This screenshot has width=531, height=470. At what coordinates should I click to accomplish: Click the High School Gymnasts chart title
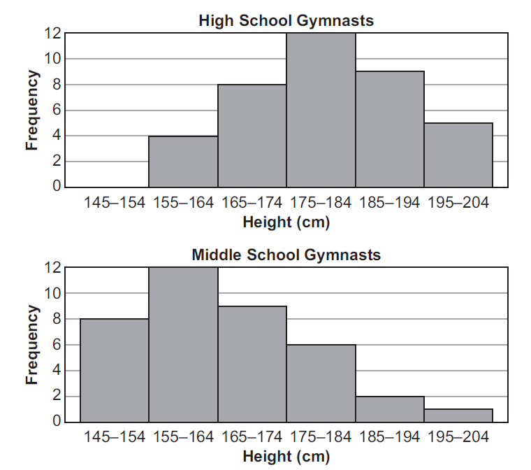(x=286, y=20)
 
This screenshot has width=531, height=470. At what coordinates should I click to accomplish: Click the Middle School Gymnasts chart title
(x=286, y=255)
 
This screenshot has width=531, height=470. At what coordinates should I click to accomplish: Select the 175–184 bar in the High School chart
(x=321, y=111)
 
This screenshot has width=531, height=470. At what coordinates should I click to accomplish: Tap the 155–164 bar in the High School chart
(x=183, y=162)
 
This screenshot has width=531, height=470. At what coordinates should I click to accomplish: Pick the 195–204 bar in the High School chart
(x=458, y=155)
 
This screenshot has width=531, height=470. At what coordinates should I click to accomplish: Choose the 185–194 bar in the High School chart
(x=390, y=129)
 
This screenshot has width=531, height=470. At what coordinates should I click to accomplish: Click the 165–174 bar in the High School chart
(x=252, y=136)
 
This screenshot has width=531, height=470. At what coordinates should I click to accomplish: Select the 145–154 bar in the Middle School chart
(x=115, y=371)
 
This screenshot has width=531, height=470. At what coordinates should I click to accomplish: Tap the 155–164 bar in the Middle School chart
(x=183, y=345)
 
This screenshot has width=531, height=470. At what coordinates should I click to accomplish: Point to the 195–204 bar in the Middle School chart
(x=458, y=415)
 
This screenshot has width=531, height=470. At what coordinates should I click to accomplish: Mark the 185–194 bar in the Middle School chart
(x=390, y=409)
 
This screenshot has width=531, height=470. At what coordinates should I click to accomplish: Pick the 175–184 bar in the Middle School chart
(x=321, y=383)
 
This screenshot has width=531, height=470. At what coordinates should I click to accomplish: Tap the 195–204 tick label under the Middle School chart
(x=458, y=439)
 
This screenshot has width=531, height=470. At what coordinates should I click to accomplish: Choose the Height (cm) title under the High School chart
(x=286, y=223)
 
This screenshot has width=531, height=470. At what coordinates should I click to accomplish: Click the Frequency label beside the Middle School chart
(x=31, y=345)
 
